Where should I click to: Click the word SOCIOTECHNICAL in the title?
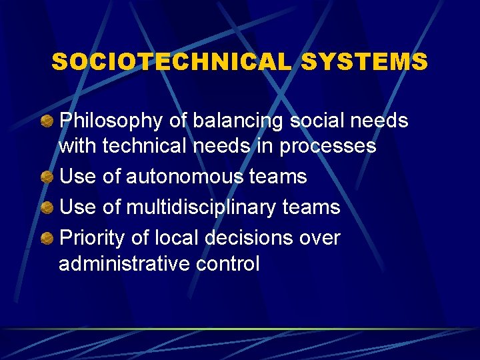click(x=172, y=62)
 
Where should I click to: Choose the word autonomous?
click(x=185, y=177)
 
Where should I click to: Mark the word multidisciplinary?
click(x=201, y=207)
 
